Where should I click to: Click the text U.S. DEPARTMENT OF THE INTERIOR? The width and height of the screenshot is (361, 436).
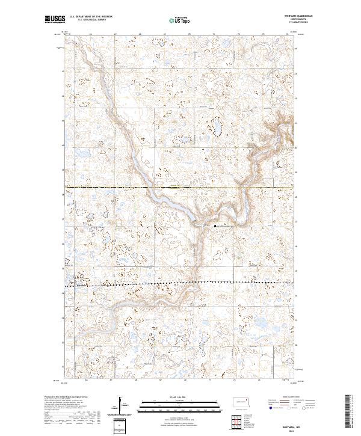(91, 17)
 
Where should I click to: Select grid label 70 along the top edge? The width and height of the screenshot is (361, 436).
(189, 35)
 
